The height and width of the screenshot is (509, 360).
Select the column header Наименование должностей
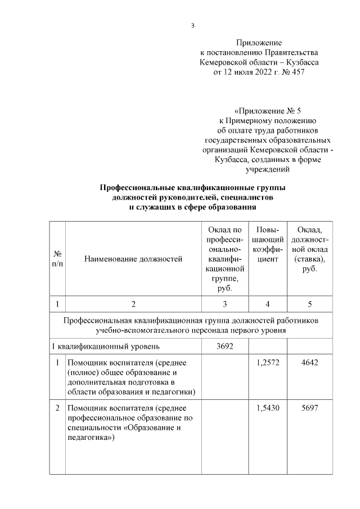coord(133,259)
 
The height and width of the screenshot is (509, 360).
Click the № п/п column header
coord(57,259)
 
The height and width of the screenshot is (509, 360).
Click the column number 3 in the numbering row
coord(224,304)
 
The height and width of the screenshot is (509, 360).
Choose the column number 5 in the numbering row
coord(309,304)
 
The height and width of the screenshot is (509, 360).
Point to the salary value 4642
coord(309,364)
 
